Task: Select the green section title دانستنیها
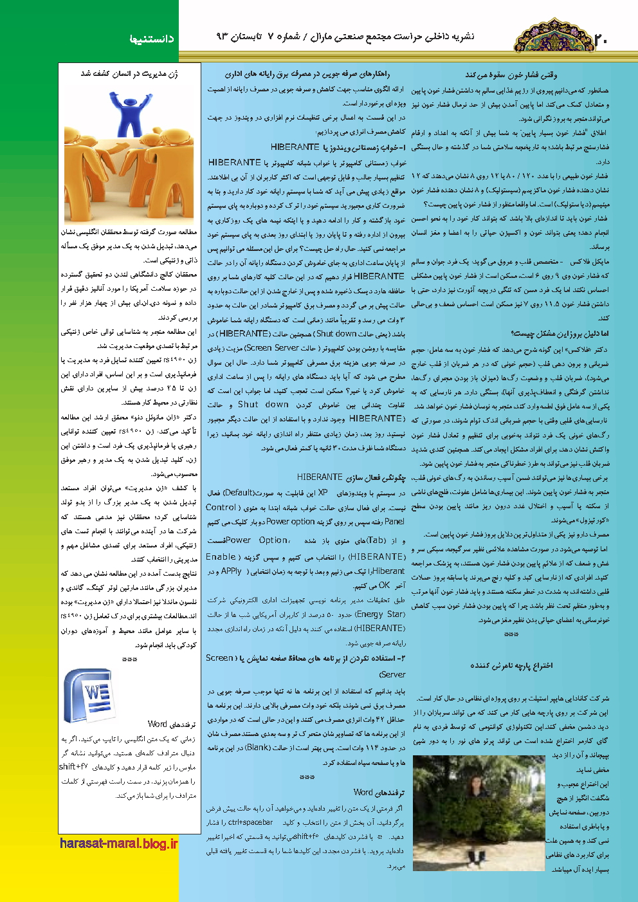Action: tap(152, 39)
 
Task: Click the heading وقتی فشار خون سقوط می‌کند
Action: tap(511, 75)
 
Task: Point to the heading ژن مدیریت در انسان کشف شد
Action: tap(129, 74)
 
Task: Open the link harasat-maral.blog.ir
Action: tap(118, 843)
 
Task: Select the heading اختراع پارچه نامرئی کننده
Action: tap(511, 665)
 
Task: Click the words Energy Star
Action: tap(380, 614)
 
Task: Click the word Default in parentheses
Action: tap(238, 493)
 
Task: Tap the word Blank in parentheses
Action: tap(258, 747)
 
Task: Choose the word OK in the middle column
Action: tap(384, 585)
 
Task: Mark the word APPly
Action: tap(231, 571)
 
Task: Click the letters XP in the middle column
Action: tap(323, 493)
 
